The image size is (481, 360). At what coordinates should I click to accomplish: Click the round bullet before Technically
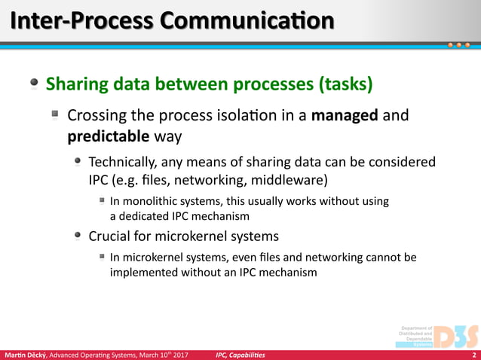pyautogui.click(x=78, y=162)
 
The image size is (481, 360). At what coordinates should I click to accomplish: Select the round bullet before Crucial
pyautogui.click(x=78, y=235)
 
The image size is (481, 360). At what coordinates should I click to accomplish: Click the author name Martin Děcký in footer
pyautogui.click(x=25, y=355)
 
